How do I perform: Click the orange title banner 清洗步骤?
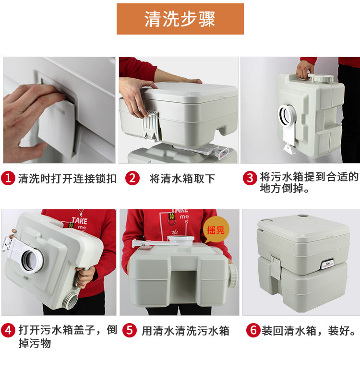tap(180, 19)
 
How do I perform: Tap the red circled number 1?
tap(8, 178)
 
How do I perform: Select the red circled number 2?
tap(132, 178)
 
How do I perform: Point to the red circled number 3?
tap(250, 178)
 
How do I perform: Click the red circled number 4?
tap(8, 330)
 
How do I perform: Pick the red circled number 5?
tap(130, 330)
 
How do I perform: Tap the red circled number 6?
tap(253, 330)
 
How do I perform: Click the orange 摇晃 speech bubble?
tap(216, 230)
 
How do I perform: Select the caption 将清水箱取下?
tap(182, 179)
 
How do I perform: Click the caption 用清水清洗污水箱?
tap(186, 331)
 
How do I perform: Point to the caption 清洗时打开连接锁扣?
tap(67, 179)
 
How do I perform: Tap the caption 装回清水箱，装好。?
tap(309, 331)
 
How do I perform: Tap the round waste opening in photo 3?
tap(287, 115)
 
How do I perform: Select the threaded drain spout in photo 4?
tap(71, 300)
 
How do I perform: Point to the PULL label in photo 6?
tap(327, 265)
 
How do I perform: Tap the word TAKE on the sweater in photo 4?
tap(79, 220)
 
